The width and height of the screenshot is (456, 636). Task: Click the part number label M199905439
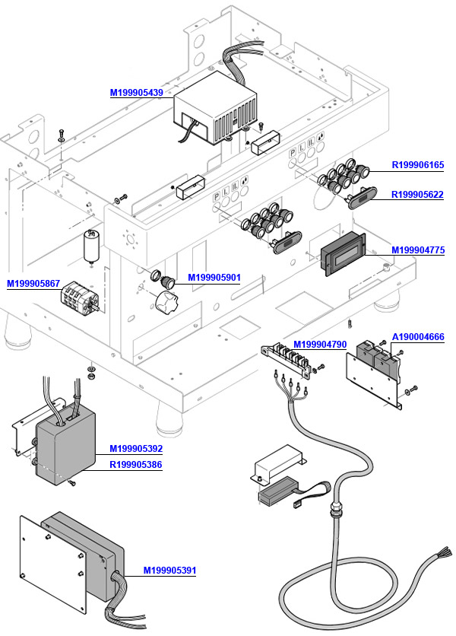[136, 93]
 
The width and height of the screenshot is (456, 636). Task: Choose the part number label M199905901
[214, 277]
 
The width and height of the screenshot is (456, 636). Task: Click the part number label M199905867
[33, 284]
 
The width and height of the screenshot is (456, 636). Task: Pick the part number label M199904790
[319, 345]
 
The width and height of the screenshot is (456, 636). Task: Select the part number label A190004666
[417, 336]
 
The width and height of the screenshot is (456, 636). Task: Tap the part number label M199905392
[135, 448]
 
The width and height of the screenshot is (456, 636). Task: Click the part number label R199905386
[135, 463]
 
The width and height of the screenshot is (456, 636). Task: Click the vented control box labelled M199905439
[217, 113]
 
